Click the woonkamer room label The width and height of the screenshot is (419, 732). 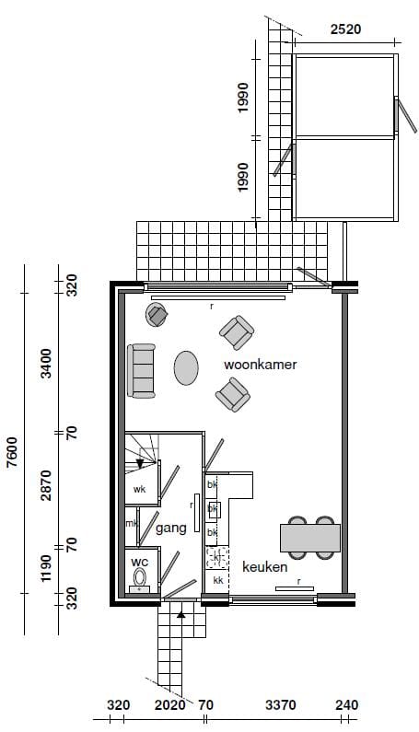tap(260, 365)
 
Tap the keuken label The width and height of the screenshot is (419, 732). tap(265, 567)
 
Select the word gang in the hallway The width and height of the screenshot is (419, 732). tap(171, 528)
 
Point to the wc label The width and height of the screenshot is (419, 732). tap(139, 561)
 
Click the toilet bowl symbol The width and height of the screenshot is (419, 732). tap(140, 578)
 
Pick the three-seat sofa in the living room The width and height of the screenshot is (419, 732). tap(142, 370)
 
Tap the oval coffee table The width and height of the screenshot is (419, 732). tap(186, 368)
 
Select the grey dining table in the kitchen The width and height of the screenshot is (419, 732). tap(310, 537)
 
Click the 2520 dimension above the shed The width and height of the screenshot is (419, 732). tap(345, 29)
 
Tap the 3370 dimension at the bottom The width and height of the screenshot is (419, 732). tap(280, 705)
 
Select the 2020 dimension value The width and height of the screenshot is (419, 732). tap(170, 705)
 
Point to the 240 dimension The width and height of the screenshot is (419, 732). tap(346, 705)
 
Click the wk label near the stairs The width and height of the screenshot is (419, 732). tap(140, 489)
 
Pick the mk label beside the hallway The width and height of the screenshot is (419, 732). tap(131, 525)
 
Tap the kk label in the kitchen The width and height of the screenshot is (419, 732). tap(218, 581)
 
